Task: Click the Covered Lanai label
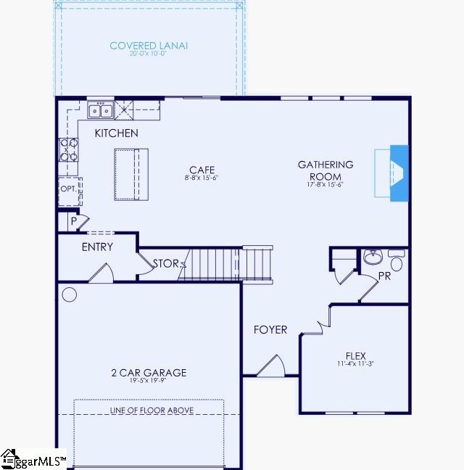click(149, 46)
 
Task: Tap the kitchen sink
click(101, 110)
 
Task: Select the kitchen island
click(131, 173)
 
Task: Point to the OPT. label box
click(69, 189)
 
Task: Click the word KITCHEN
click(116, 133)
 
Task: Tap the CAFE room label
click(202, 170)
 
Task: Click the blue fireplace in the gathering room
click(398, 173)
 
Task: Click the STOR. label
click(165, 263)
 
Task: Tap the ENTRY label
click(97, 247)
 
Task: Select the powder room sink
click(374, 257)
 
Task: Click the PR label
click(384, 276)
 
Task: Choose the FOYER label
click(270, 329)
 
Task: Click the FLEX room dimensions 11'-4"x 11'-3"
click(355, 363)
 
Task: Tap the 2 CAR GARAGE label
click(149, 373)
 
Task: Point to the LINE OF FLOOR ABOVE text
click(152, 411)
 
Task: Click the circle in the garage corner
click(70, 294)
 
